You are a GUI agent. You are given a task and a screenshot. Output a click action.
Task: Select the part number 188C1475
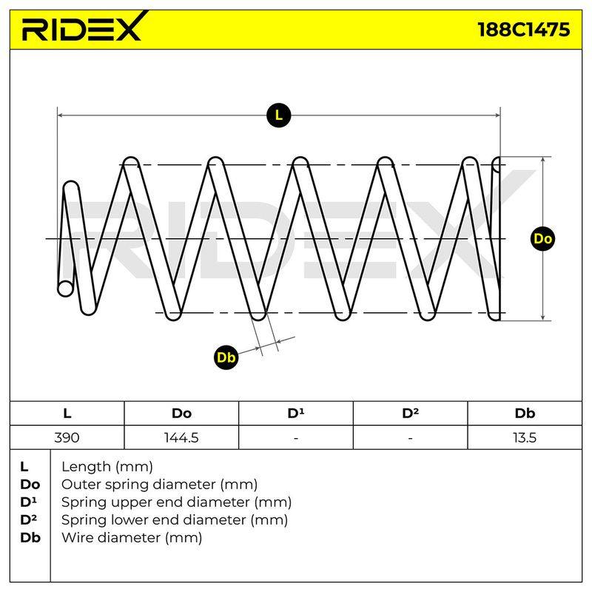click(x=524, y=30)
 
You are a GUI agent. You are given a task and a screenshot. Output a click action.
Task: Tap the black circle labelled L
click(x=279, y=115)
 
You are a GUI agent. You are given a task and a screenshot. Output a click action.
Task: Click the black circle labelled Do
click(x=542, y=238)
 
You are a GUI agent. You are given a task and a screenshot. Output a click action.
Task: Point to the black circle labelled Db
click(x=226, y=357)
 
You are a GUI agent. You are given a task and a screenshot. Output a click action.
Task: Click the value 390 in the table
click(x=67, y=437)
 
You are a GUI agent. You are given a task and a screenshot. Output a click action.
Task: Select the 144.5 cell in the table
click(x=181, y=437)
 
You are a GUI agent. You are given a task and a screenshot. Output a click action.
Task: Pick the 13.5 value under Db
click(x=525, y=437)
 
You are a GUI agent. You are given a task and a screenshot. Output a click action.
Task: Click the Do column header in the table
click(x=181, y=414)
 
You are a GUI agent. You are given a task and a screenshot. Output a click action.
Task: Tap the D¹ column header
click(x=295, y=413)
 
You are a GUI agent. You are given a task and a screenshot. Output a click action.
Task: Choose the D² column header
click(x=410, y=413)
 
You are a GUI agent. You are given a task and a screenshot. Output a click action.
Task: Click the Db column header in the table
click(x=525, y=414)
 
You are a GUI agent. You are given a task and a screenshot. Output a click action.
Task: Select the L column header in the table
click(x=67, y=414)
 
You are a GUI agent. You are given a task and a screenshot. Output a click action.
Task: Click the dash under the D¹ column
click(x=295, y=438)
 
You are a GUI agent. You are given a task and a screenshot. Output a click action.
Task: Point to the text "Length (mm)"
click(x=107, y=467)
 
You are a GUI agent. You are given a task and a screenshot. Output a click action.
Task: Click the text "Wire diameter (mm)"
click(x=132, y=538)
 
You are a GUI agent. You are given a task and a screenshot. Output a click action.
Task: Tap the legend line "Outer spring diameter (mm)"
click(x=159, y=485)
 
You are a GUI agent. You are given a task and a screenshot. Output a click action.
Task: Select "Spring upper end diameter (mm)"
click(x=176, y=502)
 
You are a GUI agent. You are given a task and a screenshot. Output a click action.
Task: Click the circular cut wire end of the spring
click(x=65, y=289)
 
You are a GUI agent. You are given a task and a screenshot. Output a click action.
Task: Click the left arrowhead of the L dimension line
click(x=61, y=115)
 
